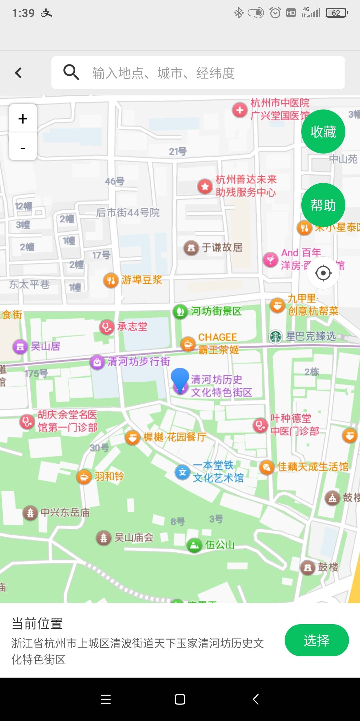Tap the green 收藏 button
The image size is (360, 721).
[323, 132]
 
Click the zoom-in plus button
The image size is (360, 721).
[23, 119]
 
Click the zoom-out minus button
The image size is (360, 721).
[23, 148]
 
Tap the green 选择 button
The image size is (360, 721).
[316, 640]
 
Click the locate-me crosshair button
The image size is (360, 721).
[323, 273]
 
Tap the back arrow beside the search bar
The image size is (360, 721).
[19, 73]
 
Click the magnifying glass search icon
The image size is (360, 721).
[71, 72]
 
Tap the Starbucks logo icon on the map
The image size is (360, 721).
[276, 336]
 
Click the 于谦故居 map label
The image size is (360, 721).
[222, 247]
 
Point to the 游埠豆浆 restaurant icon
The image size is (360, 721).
[111, 280]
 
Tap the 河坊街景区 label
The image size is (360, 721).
[216, 311]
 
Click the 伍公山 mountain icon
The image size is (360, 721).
[194, 545]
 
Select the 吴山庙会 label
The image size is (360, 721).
[134, 537]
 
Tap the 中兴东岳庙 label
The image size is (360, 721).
[65, 512]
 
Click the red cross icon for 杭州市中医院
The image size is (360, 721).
[240, 110]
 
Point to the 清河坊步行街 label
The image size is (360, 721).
[139, 362]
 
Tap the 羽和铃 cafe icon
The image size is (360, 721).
[84, 477]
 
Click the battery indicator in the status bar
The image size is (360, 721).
[337, 13]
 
